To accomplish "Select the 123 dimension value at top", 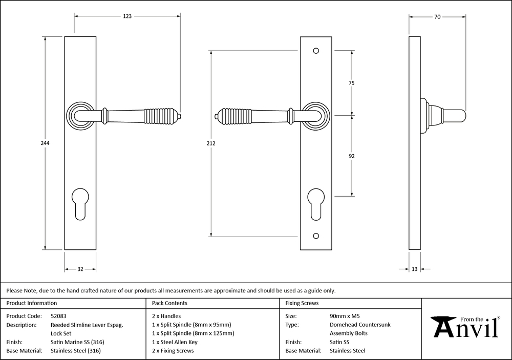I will tap(127, 16).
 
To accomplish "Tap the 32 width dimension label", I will tap(80, 269).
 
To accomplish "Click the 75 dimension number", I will tap(351, 82).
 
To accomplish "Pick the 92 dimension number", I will tap(351, 156).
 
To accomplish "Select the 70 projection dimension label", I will tap(437, 16).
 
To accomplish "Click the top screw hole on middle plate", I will tap(315, 51).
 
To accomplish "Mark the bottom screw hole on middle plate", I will tap(315, 237).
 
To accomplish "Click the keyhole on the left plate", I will tap(80, 202).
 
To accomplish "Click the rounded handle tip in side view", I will tap(460, 116).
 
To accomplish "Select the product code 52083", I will tap(59, 316).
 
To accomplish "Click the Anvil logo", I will tap(465, 326).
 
